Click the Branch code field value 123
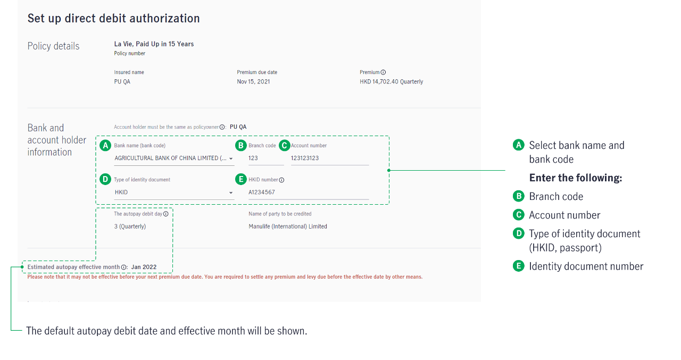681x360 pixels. click(253, 158)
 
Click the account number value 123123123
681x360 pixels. click(305, 158)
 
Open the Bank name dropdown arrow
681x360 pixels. click(231, 158)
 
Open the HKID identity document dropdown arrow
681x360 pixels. click(231, 192)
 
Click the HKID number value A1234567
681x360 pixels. click(262, 192)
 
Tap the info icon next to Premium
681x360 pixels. click(383, 72)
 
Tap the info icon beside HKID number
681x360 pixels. click(281, 180)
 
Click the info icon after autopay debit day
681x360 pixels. click(165, 214)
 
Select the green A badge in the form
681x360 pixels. click(105, 146)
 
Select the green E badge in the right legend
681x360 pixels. click(519, 266)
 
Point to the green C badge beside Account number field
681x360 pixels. click(285, 146)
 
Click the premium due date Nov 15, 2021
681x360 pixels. click(253, 81)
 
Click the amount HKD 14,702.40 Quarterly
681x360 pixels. click(391, 81)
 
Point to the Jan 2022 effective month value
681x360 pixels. click(144, 267)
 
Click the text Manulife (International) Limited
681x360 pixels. click(288, 227)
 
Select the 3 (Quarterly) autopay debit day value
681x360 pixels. click(130, 227)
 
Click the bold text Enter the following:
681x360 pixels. click(576, 178)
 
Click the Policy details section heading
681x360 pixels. click(53, 46)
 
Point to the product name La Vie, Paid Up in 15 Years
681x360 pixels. click(154, 44)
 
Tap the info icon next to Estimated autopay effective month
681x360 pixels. click(124, 267)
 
